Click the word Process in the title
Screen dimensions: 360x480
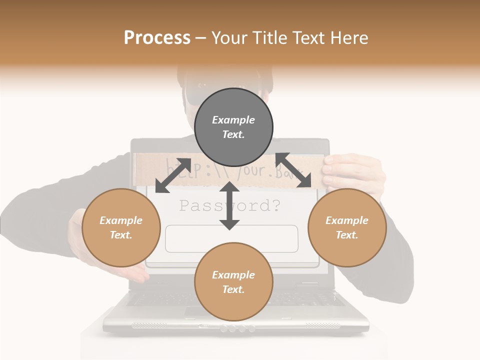coord(157,38)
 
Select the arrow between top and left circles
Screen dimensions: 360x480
coord(173,175)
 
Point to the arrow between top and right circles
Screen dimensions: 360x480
coord(293,170)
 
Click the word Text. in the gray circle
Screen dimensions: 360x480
coord(233,134)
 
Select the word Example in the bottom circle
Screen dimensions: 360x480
coord(233,274)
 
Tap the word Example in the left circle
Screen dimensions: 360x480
coord(121,220)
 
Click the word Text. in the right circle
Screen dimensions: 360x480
coord(347,235)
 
